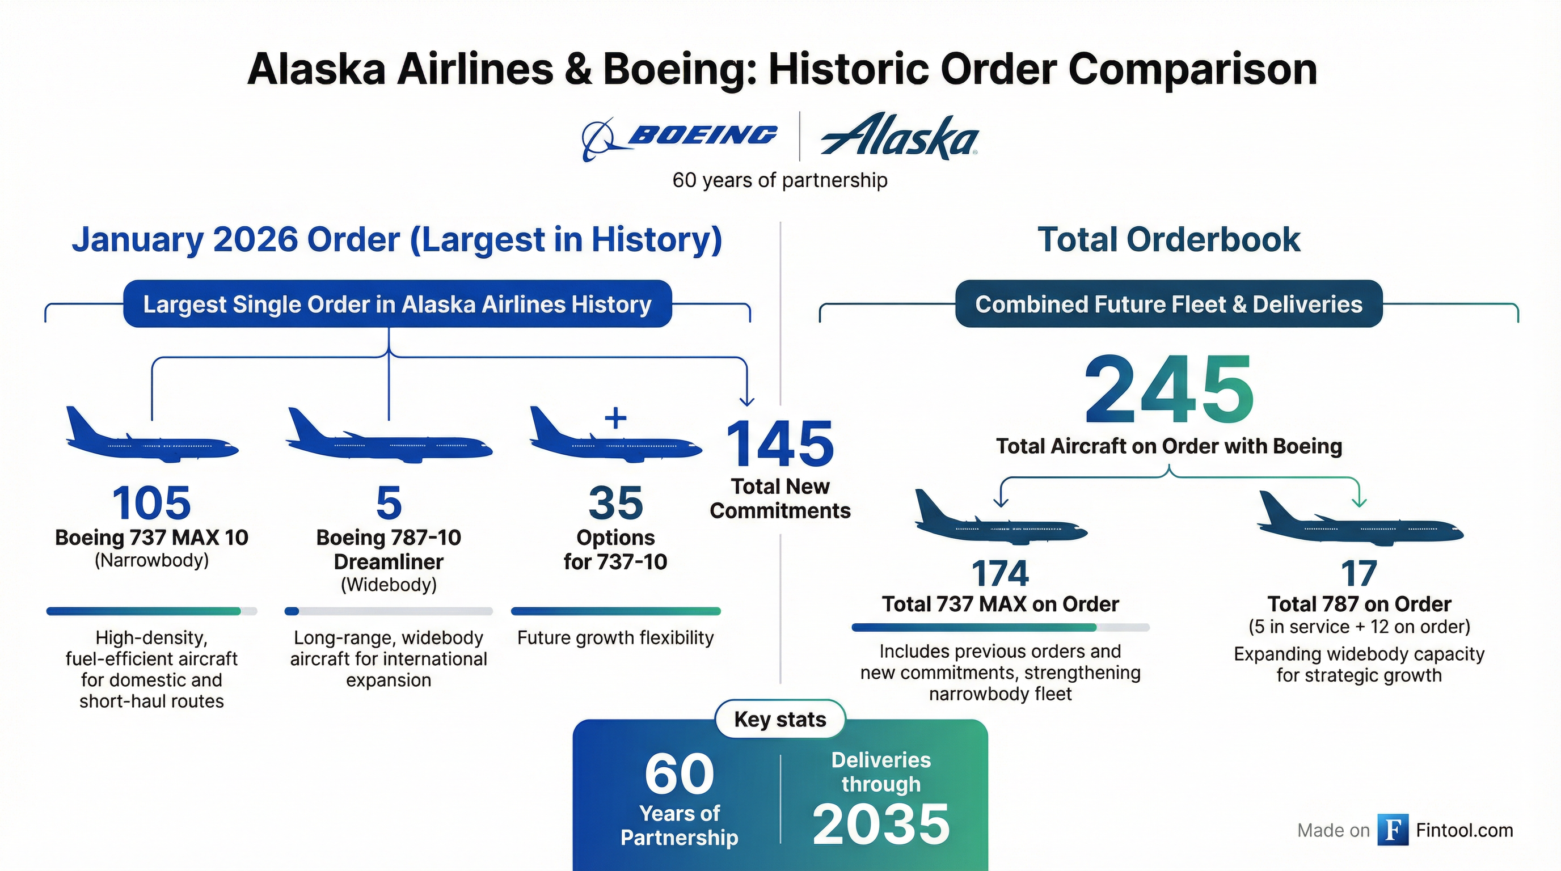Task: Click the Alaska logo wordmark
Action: pos(899,136)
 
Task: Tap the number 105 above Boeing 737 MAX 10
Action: pos(151,503)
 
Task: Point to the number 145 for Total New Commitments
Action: pos(780,444)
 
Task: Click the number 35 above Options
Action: pos(615,503)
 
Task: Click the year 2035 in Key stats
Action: pos(881,825)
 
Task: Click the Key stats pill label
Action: pos(780,719)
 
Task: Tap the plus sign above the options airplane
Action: pos(615,418)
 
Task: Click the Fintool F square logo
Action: pos(1393,830)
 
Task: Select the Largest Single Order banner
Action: pos(398,304)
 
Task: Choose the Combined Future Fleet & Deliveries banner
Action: pos(1169,304)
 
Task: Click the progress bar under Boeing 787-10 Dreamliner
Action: pos(389,611)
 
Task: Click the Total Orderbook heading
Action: pos(1169,239)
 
